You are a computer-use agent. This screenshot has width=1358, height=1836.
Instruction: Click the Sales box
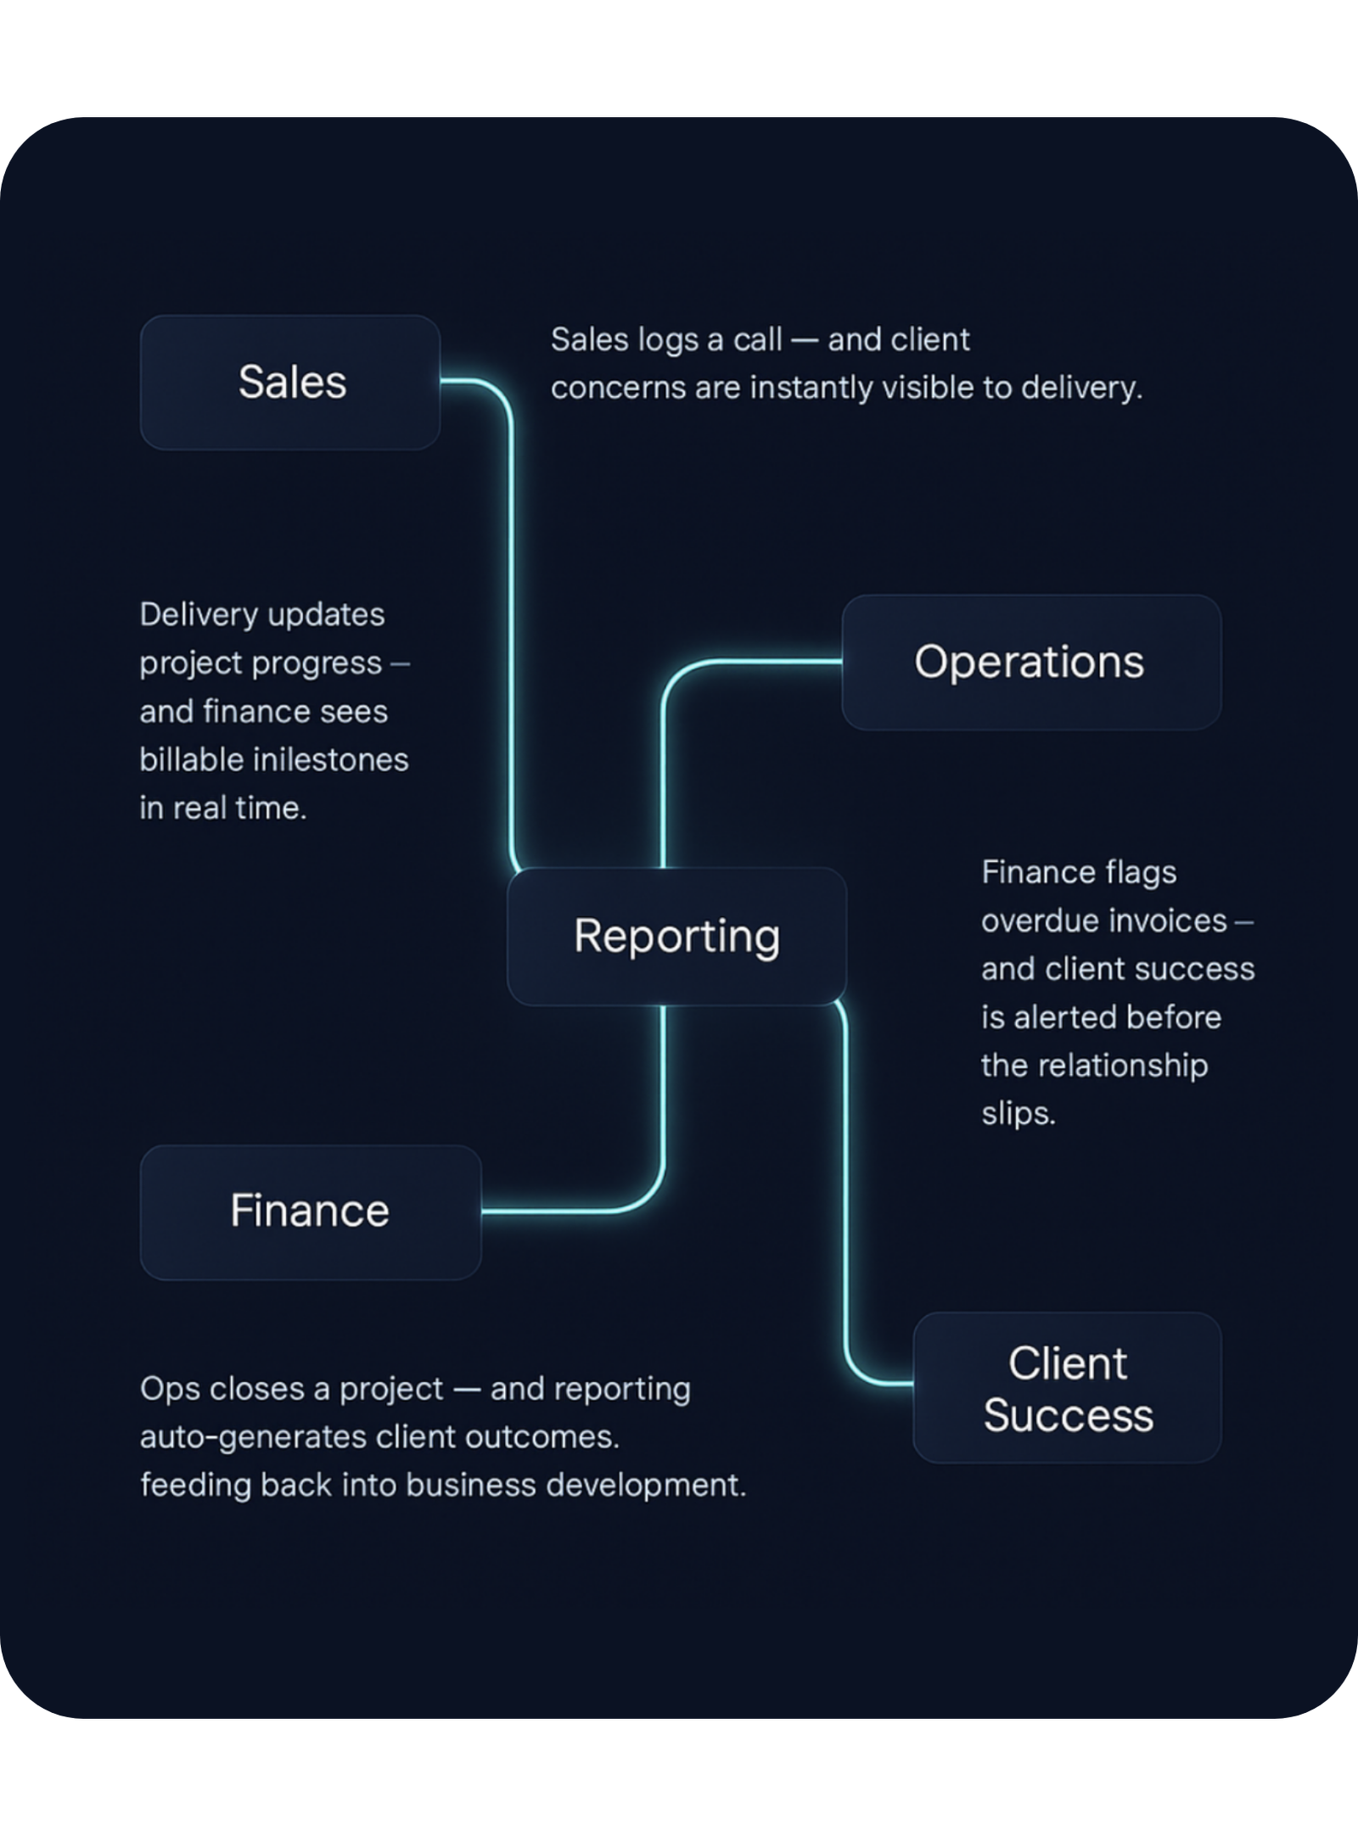290,383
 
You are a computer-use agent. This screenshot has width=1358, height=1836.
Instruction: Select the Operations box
1030,662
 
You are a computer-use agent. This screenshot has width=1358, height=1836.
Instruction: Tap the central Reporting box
676,937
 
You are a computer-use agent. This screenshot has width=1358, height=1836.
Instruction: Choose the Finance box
310,1212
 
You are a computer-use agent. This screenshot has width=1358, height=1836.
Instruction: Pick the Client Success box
1067,1388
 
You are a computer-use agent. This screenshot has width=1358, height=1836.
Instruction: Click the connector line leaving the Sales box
511,594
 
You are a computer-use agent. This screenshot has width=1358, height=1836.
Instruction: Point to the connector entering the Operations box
747,662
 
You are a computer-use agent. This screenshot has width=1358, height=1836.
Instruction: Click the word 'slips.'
1018,1114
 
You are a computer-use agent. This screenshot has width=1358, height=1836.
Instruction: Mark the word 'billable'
189,760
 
